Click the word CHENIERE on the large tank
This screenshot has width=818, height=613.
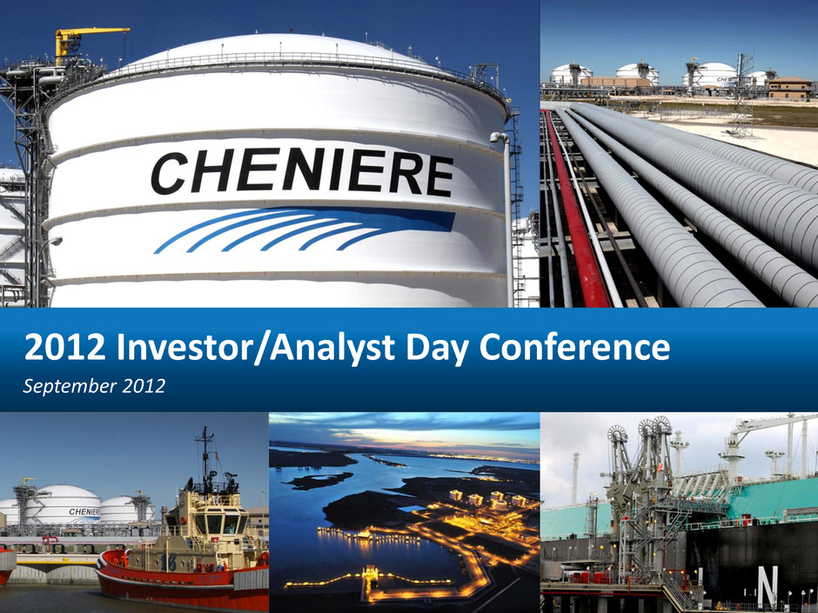point(303,172)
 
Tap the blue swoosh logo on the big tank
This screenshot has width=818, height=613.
point(305,230)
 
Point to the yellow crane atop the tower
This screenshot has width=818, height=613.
point(86,42)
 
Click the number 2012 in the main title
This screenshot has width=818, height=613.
point(64,347)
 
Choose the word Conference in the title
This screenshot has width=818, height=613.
point(574,347)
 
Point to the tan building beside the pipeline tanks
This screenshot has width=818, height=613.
point(790,88)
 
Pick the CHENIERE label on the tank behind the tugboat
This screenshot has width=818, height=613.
point(84,512)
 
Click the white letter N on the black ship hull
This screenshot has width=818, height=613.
point(768,585)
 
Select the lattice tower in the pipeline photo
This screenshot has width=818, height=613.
point(742,95)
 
